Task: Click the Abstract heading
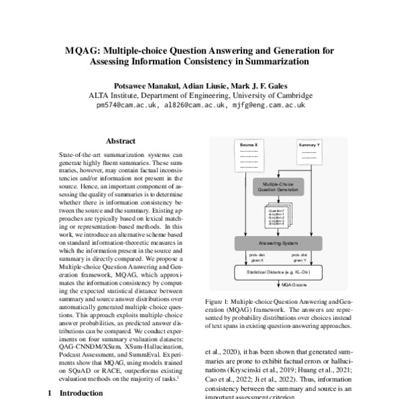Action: point(120,141)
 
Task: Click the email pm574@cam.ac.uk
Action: point(126,105)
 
